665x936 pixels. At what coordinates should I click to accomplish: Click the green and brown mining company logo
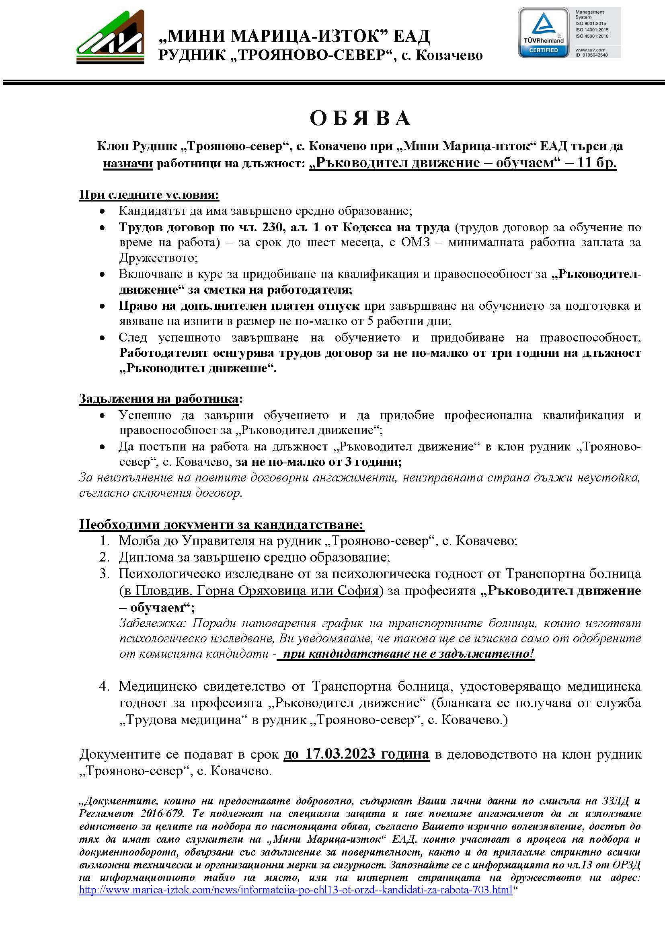click(x=110, y=37)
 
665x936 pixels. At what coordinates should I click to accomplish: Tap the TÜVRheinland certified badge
click(x=544, y=33)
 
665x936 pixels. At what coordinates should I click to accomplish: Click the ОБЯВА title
click(x=360, y=118)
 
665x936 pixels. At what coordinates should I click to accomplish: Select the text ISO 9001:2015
click(x=591, y=24)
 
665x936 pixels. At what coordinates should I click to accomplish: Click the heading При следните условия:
click(x=149, y=195)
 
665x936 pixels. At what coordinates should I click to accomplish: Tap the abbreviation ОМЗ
click(x=415, y=243)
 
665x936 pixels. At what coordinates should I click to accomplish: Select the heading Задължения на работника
click(x=159, y=399)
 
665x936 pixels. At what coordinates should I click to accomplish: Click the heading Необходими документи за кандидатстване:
click(x=222, y=525)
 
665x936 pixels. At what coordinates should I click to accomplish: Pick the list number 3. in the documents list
click(x=105, y=574)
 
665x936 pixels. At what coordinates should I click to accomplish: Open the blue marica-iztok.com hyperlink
click(x=296, y=890)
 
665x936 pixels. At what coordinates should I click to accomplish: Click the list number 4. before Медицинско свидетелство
click(x=105, y=686)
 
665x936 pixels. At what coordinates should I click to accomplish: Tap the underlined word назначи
click(x=128, y=163)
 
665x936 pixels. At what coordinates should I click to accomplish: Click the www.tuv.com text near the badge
click(x=590, y=49)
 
